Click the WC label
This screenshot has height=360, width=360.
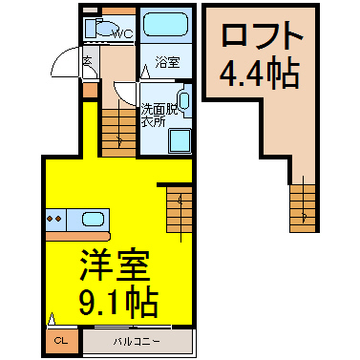(x=121, y=35)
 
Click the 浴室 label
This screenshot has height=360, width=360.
(x=167, y=63)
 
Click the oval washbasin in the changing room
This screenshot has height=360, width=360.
(x=184, y=100)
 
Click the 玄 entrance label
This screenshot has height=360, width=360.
(x=86, y=64)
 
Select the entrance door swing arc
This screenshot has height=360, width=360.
(x=65, y=67)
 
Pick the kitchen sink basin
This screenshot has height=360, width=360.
(x=93, y=219)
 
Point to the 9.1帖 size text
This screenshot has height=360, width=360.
(x=105, y=305)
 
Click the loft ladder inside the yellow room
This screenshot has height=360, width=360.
(x=178, y=206)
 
